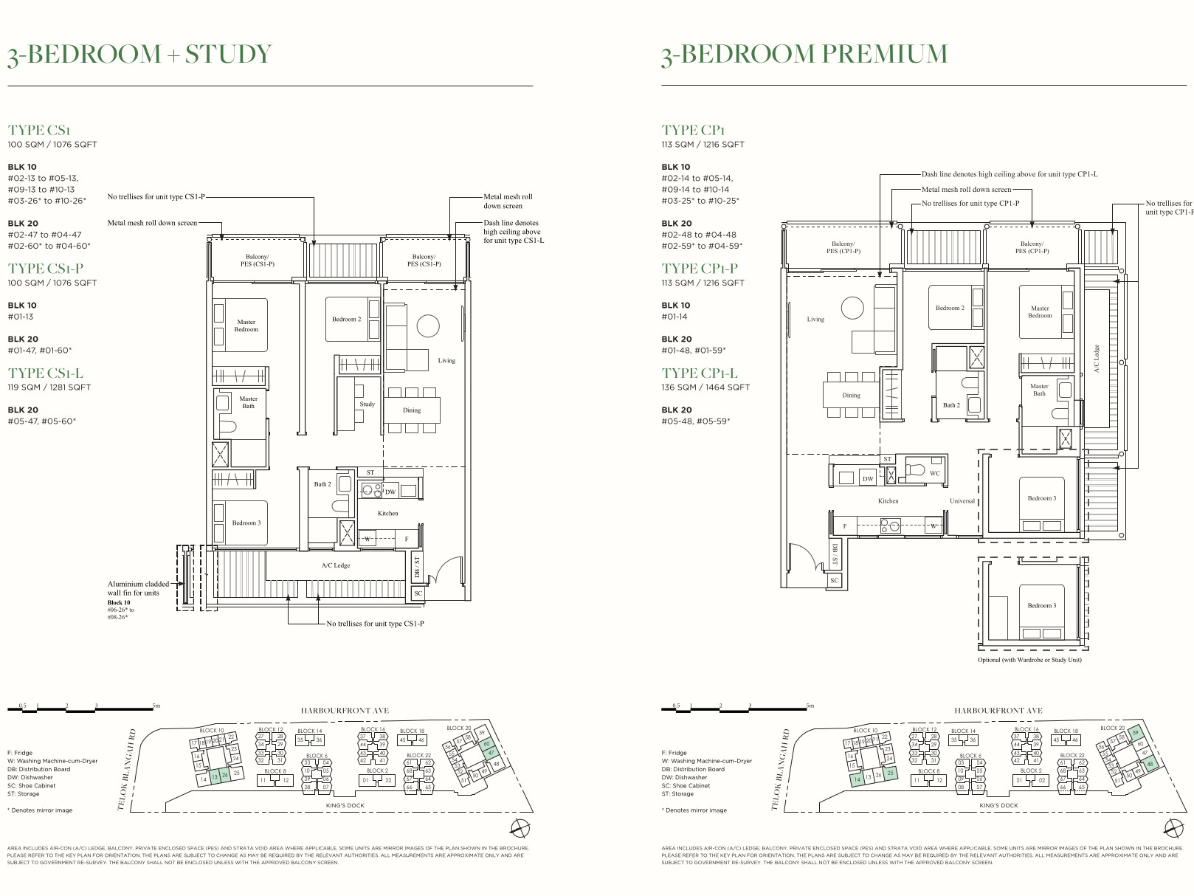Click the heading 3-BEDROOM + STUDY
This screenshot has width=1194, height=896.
tap(139, 55)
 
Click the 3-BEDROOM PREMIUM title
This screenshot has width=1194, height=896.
tap(804, 55)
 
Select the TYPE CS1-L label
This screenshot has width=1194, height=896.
tap(46, 373)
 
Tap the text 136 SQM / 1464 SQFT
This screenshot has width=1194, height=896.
tap(705, 387)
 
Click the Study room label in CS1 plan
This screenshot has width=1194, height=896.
tap(367, 404)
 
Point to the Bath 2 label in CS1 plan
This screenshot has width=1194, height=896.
tap(322, 485)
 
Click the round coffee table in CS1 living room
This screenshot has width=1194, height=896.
tap(428, 325)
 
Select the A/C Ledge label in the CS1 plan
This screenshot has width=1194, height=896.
tap(336, 566)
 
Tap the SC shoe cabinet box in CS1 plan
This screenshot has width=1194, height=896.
tap(418, 593)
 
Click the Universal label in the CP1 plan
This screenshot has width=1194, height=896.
tap(962, 501)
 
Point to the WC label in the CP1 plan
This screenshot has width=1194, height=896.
tap(934, 474)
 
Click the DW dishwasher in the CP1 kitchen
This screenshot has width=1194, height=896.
tap(868, 479)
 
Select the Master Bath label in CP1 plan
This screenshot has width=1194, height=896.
tap(1039, 390)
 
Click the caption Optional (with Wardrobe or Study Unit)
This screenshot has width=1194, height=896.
tap(1029, 660)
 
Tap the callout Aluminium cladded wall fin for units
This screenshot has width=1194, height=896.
tap(138, 588)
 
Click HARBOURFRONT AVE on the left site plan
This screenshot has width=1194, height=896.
tap(345, 711)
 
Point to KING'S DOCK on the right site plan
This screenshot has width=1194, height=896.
tap(998, 806)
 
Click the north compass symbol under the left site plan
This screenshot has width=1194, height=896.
tap(520, 827)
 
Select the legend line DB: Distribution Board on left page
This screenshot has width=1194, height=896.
tap(39, 769)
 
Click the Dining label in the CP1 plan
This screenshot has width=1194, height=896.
tap(851, 396)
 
